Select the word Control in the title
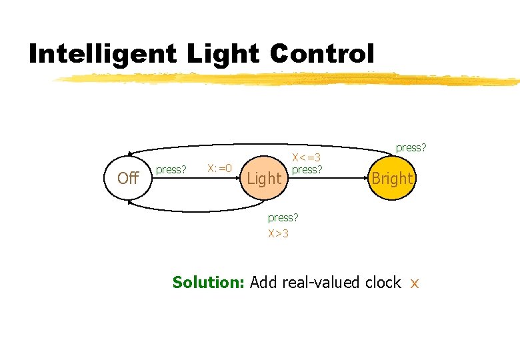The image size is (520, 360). [323, 54]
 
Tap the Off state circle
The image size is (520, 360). [127, 177]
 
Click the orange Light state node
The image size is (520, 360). [265, 178]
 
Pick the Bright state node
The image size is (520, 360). [392, 178]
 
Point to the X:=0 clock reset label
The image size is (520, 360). [219, 168]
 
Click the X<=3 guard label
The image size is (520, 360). [307, 158]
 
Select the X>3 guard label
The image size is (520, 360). [279, 233]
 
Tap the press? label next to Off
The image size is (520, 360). [171, 169]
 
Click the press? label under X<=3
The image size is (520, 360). [307, 169]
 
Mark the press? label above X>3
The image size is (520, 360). [283, 217]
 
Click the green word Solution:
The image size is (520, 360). [209, 282]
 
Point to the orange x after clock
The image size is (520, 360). [414, 283]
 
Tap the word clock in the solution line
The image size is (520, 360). [383, 282]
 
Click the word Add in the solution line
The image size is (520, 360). [264, 282]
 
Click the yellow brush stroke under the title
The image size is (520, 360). [287, 80]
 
